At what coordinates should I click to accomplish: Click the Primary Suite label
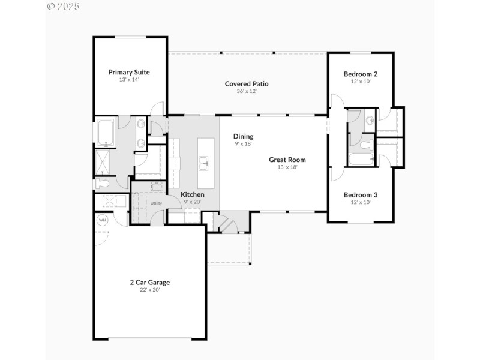129,72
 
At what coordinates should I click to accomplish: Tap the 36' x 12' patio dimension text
246,91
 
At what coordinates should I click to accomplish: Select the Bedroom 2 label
361,74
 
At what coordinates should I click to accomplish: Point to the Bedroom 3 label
361,195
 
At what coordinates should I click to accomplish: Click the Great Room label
287,160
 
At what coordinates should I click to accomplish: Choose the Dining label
243,136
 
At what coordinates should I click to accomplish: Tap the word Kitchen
193,195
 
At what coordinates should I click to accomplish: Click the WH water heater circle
101,220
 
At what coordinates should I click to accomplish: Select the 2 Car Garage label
150,282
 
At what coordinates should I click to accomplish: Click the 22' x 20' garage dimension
150,290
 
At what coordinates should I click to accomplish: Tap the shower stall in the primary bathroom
103,162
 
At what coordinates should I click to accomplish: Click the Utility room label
156,203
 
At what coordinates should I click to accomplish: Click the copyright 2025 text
62,7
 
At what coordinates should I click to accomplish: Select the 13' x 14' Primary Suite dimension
129,80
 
